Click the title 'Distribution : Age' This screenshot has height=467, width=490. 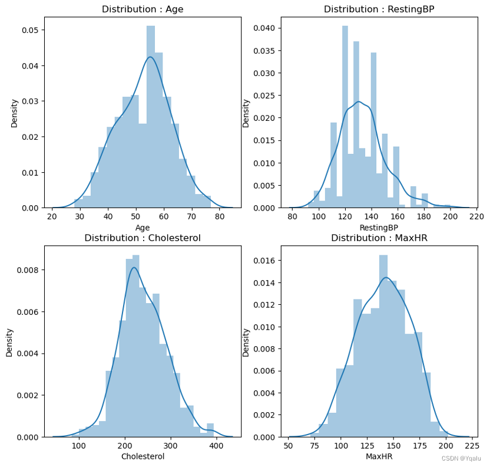(143, 9)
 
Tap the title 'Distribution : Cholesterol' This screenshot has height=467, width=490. (143, 238)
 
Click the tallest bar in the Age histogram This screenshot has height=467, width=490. (151, 118)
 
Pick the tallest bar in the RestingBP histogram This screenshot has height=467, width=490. (345, 118)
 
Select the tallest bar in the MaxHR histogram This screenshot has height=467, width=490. (383, 348)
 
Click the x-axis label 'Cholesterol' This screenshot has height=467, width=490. (143, 456)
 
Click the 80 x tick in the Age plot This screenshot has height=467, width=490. (219, 216)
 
